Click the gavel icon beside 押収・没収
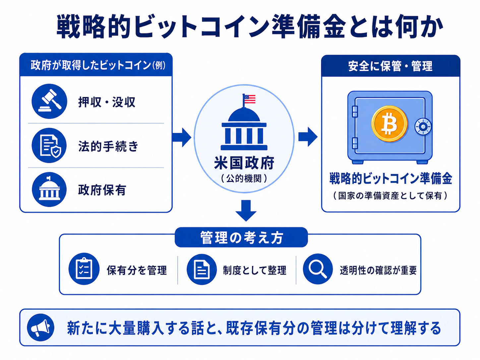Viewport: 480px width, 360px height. [x=49, y=101]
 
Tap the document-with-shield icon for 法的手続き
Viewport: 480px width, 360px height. [x=49, y=145]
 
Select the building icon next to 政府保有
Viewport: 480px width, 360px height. [x=49, y=189]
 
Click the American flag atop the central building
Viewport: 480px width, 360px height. [x=250, y=99]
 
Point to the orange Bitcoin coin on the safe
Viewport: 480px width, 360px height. [x=390, y=124]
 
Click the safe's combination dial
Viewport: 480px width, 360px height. [x=423, y=127]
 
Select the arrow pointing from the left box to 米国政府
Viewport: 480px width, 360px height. [x=182, y=137]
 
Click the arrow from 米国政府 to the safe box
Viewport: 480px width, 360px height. [x=308, y=137]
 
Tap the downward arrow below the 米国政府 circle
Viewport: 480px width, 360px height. [x=246, y=210]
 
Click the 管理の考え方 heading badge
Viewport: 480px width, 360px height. [x=241, y=237]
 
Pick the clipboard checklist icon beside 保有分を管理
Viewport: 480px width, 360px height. [x=84, y=269]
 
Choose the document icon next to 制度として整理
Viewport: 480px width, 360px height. [x=202, y=269]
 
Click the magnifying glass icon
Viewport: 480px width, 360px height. [x=318, y=269]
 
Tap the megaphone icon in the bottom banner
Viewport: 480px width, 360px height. [x=40, y=328]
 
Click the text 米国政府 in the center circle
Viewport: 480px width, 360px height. [x=244, y=163]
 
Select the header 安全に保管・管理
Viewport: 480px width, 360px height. [x=390, y=66]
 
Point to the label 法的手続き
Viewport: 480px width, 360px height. [x=108, y=146]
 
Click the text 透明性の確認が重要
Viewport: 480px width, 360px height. [x=378, y=270]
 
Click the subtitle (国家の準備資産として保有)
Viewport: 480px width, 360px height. [x=390, y=196]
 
